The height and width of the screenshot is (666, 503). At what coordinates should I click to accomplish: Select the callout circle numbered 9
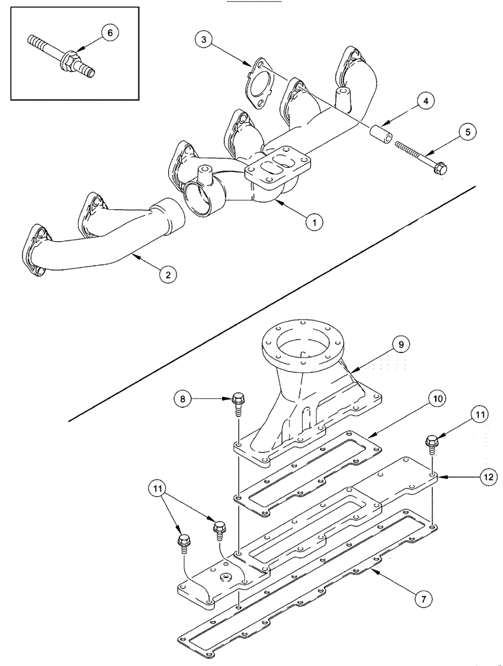401,344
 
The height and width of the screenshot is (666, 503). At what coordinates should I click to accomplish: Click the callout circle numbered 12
488,477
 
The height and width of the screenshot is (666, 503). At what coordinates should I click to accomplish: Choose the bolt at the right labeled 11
432,442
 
